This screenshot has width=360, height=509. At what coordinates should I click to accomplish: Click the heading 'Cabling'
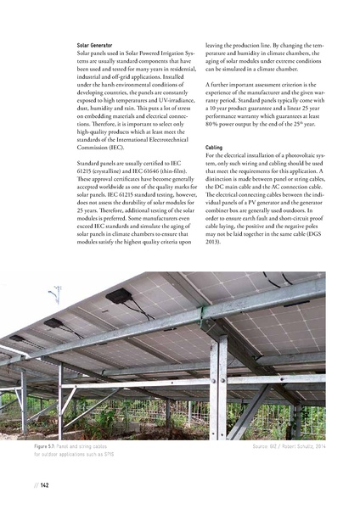[213, 148]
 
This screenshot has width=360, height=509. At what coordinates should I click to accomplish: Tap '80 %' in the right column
[215, 130]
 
